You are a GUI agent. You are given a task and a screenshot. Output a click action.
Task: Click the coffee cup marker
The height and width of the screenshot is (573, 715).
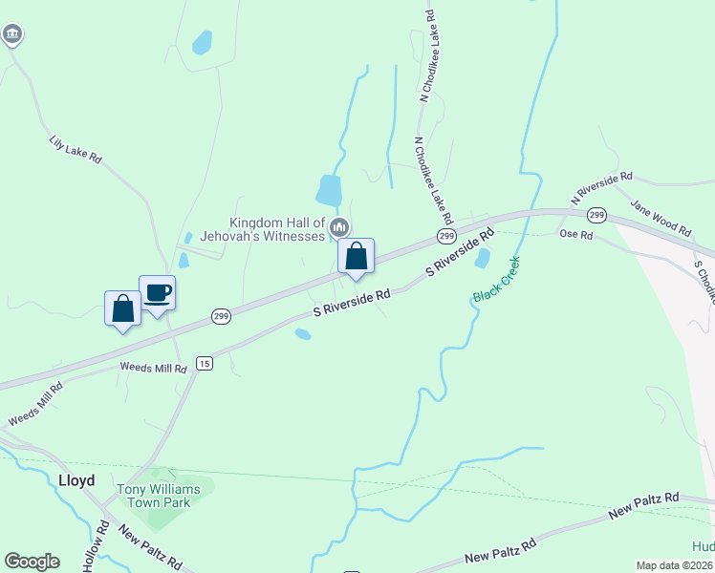(157, 292)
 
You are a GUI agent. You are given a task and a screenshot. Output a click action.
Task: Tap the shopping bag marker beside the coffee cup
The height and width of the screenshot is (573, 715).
(122, 308)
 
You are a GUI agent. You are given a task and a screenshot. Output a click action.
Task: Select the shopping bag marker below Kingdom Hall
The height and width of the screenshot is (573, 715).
(356, 256)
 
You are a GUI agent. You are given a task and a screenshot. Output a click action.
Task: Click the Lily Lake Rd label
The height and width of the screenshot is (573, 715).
(76, 150)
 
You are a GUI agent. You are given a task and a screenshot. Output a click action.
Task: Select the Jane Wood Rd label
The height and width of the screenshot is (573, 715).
(661, 217)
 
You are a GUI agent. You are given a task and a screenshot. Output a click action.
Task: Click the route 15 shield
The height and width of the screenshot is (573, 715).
(204, 363)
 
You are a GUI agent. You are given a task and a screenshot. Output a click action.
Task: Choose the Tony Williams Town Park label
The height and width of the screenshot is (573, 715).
(159, 496)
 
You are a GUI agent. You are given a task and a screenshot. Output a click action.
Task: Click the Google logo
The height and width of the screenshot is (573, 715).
(32, 561)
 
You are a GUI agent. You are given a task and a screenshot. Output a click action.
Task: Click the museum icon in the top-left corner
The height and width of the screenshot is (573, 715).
(11, 35)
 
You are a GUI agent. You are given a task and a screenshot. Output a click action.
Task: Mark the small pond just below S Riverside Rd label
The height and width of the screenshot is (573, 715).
(302, 334)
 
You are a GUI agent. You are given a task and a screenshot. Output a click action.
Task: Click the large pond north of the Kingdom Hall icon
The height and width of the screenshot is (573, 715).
(328, 189)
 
